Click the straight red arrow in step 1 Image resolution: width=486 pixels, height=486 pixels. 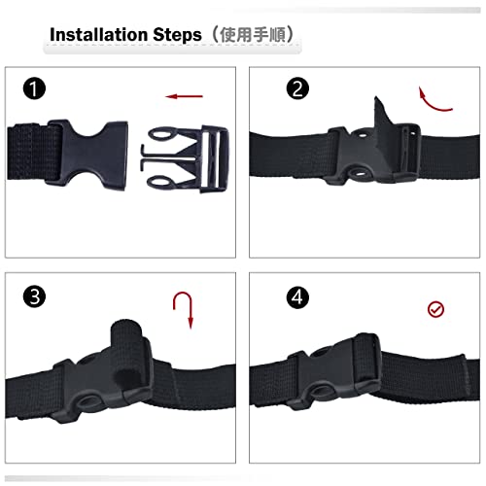(185, 96)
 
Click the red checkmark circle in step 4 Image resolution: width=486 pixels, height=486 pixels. (436, 310)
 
